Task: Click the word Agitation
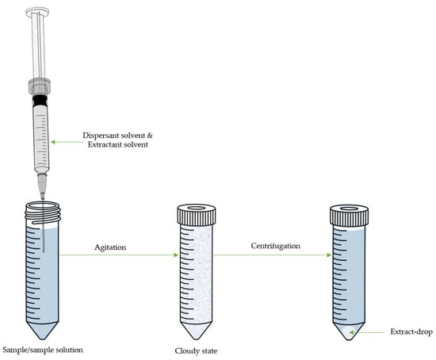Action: (110, 247)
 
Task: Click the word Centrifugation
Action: (276, 246)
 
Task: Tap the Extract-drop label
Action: (411, 331)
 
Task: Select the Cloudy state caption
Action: (196, 350)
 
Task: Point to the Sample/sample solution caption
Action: (43, 350)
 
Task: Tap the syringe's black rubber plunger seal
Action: (40, 100)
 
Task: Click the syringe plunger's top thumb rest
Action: (37, 12)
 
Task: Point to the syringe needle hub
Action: (42, 183)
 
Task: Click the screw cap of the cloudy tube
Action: (197, 215)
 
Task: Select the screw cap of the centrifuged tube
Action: (349, 215)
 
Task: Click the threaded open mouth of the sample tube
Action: (43, 213)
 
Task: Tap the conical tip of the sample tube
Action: (43, 331)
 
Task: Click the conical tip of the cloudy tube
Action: (196, 331)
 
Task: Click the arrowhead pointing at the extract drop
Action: (351, 332)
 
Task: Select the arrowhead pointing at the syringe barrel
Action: (53, 142)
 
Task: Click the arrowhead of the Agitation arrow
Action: (176, 255)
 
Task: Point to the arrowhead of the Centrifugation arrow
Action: (329, 255)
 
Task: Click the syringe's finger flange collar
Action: (40, 86)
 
